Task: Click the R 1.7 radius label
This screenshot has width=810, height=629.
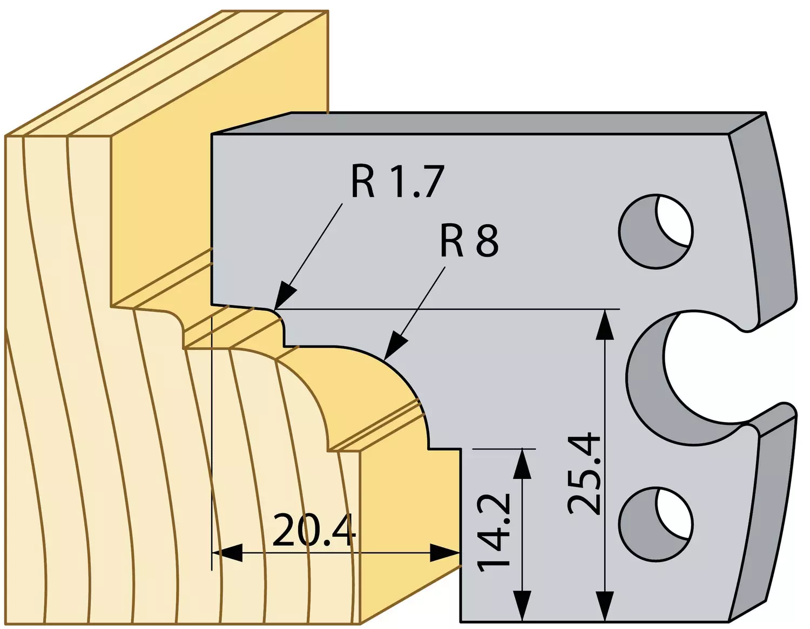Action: coord(397,182)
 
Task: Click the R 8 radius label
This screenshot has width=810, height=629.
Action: coord(469,241)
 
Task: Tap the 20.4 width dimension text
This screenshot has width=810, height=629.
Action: coord(314,530)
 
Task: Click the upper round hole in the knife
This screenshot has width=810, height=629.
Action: coord(656,231)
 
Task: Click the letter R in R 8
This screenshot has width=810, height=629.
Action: coord(452,242)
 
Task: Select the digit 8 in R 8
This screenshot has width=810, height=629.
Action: coord(487,242)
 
